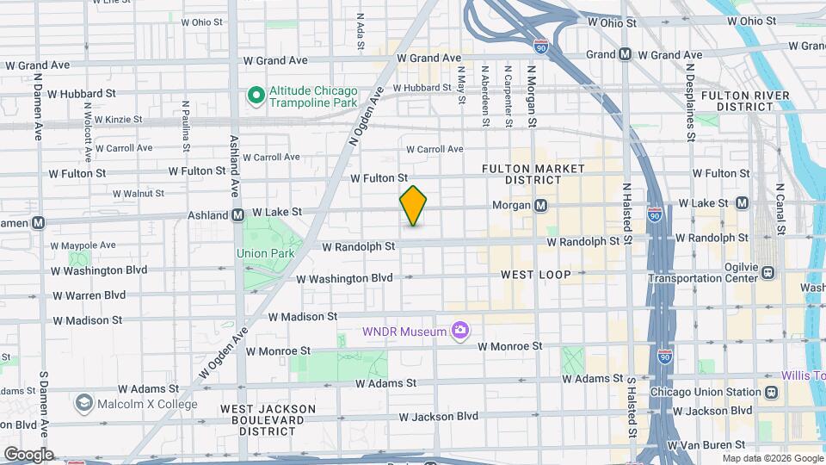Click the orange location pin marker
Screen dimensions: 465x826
point(413,205)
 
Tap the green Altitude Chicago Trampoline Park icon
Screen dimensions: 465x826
point(256,95)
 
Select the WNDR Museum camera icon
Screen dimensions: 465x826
point(460,332)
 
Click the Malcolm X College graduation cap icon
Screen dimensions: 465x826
point(83,404)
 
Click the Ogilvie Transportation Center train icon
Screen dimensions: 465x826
point(767,272)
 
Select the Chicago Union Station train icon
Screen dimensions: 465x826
point(771,392)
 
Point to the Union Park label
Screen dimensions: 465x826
point(265,253)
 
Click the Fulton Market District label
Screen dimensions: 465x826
point(533,174)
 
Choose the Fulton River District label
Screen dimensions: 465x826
point(745,101)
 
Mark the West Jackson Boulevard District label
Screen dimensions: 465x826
point(268,419)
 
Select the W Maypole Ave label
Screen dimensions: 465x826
point(83,245)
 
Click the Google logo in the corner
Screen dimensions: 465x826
point(28,454)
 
